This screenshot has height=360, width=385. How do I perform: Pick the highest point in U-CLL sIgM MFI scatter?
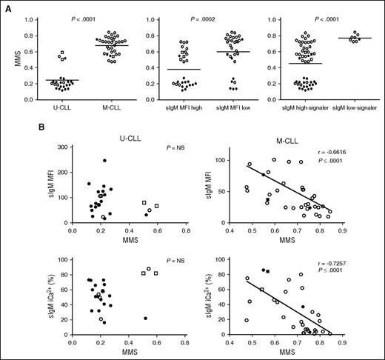coord(104,161)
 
